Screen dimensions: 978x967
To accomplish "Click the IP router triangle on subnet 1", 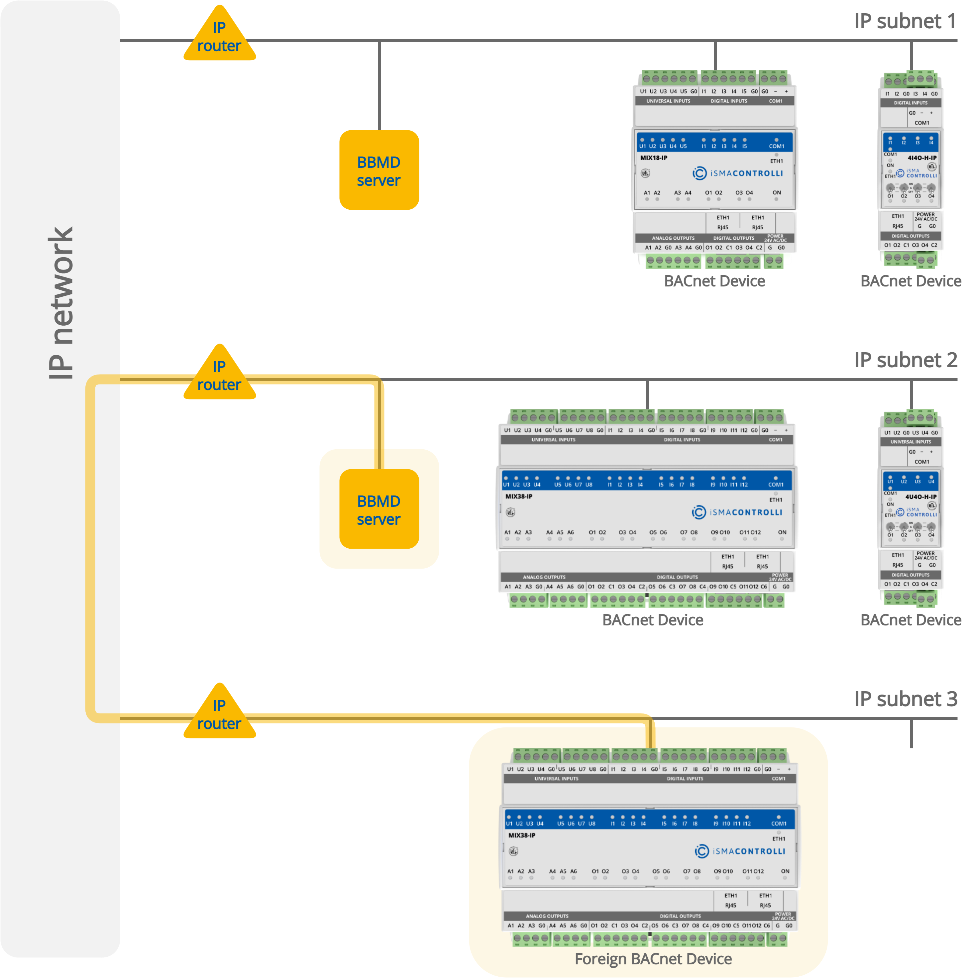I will click(x=219, y=37).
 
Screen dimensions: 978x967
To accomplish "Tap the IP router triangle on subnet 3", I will click(x=219, y=715).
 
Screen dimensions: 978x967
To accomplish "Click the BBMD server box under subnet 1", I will click(x=379, y=170).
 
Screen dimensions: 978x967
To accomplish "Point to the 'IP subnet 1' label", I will click(x=905, y=21).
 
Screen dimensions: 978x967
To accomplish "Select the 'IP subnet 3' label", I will click(x=905, y=699).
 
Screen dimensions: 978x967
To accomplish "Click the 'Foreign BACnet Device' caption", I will click(x=653, y=959).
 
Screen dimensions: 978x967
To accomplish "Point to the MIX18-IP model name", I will click(x=654, y=158).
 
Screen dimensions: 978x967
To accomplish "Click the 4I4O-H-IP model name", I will click(x=922, y=158).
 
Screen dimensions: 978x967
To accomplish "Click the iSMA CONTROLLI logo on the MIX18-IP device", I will click(x=738, y=173).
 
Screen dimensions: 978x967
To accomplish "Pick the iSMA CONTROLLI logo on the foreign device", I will click(x=740, y=851).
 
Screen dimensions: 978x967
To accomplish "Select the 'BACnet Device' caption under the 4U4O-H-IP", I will click(x=911, y=620).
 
